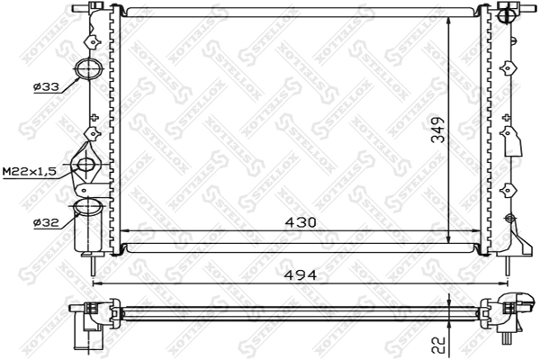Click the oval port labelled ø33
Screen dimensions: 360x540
pos(88,69)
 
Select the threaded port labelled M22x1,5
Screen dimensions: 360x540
pos(87,164)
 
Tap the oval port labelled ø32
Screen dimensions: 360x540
pos(87,208)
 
